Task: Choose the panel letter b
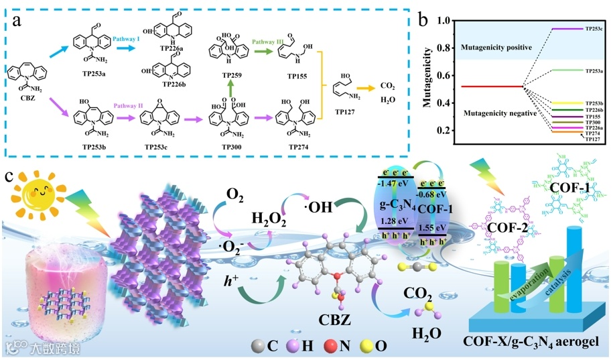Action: coord(423,15)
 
